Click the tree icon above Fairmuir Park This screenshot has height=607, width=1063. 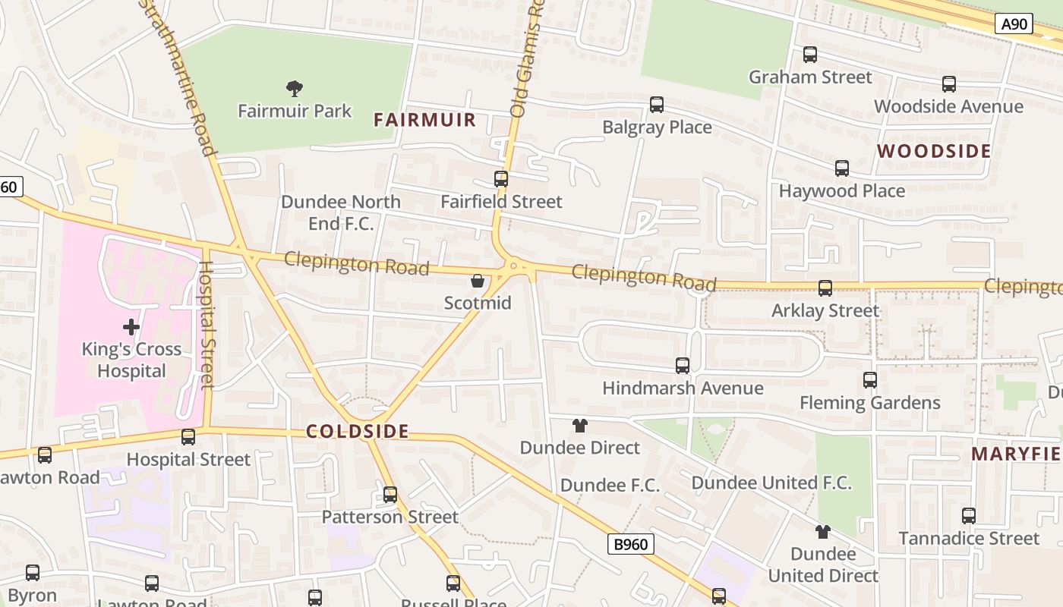point(295,89)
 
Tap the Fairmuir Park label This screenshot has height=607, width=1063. point(295,111)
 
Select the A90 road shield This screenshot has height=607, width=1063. point(1014,24)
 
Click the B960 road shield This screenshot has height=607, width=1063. point(630,544)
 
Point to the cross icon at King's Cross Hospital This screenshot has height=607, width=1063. point(131,327)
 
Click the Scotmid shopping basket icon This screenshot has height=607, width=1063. point(478,281)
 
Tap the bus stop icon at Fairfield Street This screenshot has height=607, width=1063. point(501,179)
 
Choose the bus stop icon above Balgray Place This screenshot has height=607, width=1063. point(657,105)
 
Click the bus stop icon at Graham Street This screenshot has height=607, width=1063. point(810,55)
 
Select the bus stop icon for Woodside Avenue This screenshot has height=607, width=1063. point(949,84)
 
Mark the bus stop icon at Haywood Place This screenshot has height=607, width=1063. point(842,168)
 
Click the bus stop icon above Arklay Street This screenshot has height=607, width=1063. point(825,288)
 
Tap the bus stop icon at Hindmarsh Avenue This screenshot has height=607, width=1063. point(683,366)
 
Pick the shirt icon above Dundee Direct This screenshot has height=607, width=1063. point(580,426)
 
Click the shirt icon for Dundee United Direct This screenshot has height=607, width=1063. point(823,531)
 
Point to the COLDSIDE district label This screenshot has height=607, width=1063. point(358,432)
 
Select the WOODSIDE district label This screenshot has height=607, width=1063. point(934,151)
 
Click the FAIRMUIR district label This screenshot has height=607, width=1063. point(425,120)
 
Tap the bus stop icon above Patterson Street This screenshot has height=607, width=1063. point(390,495)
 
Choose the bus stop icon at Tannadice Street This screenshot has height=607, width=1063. point(969,516)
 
